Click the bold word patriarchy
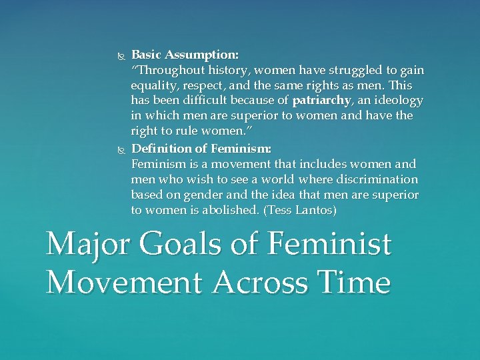(321, 101)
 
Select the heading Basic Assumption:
(185, 55)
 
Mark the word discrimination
(377, 179)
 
